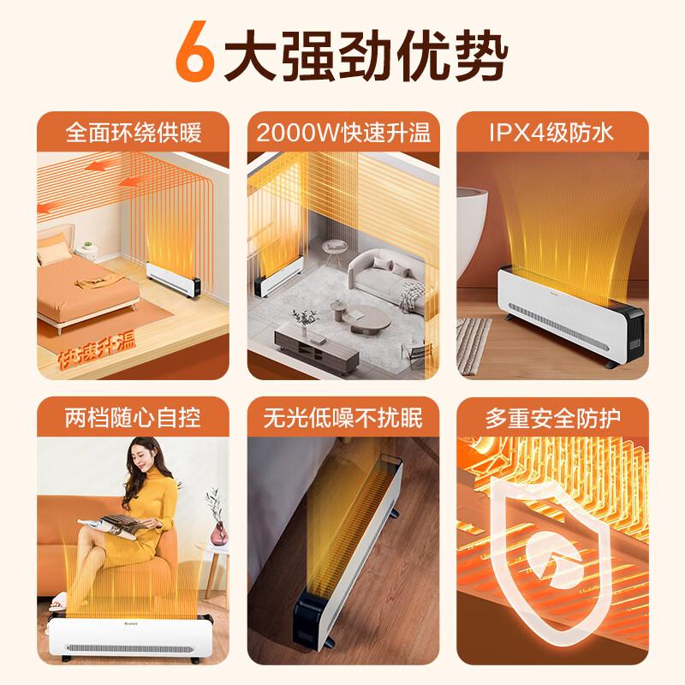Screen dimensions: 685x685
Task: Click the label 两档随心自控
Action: (133, 419)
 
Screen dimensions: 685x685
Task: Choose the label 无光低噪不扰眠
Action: (342, 419)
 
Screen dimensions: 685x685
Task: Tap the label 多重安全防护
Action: (552, 419)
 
